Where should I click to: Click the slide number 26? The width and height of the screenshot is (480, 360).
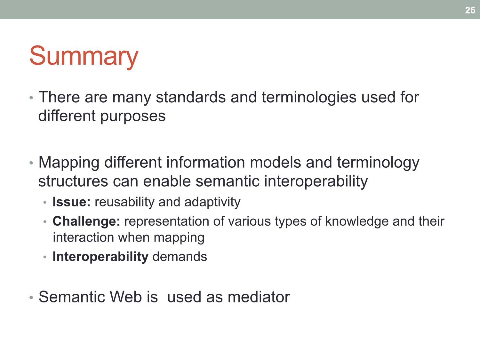[x=470, y=10]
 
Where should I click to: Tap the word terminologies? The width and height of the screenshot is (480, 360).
[x=309, y=98]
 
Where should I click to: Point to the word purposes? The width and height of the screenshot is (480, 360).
[x=133, y=116]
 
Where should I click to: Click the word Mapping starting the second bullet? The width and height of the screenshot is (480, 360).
[x=69, y=163]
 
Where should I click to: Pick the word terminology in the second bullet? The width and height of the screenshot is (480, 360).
[x=378, y=163]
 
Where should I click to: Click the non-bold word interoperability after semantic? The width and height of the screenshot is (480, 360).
[x=316, y=181]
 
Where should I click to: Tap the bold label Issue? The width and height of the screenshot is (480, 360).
[x=71, y=202]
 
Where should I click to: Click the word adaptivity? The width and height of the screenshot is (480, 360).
[x=212, y=202]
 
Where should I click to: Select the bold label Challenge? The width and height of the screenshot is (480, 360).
[x=86, y=221]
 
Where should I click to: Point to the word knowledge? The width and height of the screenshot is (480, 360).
[x=357, y=221]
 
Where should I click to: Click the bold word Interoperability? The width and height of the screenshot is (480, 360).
[x=100, y=257]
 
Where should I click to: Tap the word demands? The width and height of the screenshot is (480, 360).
[x=180, y=257]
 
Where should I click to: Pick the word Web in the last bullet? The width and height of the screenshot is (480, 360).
[x=126, y=297]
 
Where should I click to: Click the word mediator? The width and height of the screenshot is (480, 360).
[x=259, y=297]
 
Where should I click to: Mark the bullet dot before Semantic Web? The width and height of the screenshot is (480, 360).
[x=31, y=298]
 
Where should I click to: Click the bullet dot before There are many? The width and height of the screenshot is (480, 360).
[x=31, y=98]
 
